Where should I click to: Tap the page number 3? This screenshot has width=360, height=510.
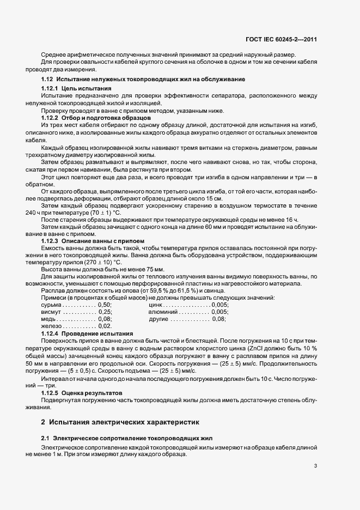[x=315, y=465]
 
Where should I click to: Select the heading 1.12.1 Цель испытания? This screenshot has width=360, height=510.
[x=76, y=88]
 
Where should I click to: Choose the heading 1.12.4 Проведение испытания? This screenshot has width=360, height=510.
[x=87, y=332]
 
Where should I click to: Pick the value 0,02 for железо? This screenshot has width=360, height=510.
[x=105, y=325]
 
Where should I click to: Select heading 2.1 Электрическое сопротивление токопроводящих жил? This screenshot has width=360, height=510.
[x=127, y=438]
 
